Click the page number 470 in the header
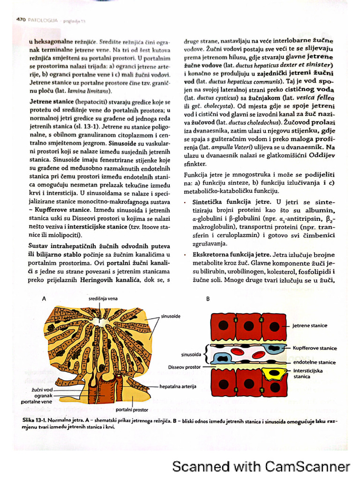(20, 20)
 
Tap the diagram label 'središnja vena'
(103, 298)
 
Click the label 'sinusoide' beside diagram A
(171, 316)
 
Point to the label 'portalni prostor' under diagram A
(131, 409)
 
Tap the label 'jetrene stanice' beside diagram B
(310, 325)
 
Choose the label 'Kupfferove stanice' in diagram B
(315, 348)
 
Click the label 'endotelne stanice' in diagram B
(314, 362)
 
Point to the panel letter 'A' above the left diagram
(44, 299)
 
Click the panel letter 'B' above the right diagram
(208, 299)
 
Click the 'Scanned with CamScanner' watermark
(261, 466)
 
